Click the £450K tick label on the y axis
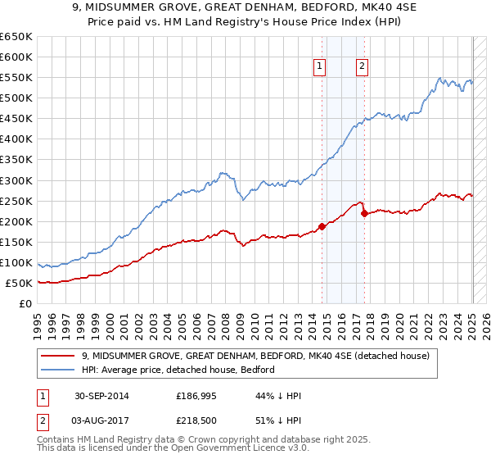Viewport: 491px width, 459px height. coord(16,118)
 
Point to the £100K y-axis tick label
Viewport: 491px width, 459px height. coord(16,262)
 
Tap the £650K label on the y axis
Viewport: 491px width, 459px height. coord(16,37)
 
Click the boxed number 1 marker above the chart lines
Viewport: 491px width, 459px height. coord(318,68)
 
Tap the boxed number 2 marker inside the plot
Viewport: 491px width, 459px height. coord(361,68)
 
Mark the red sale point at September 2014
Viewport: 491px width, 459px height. coord(322,226)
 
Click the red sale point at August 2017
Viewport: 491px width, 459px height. coord(364,213)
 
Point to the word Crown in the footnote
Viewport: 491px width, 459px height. coord(206,440)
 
